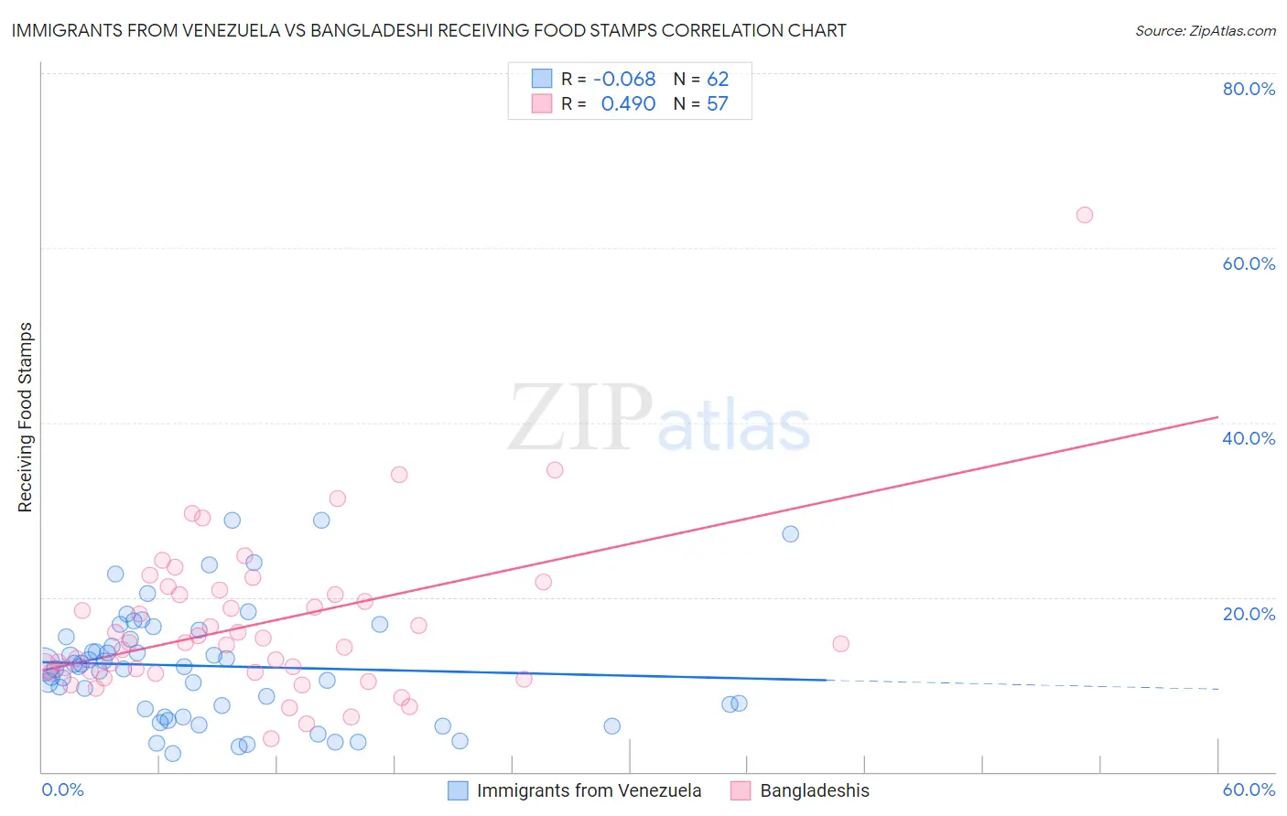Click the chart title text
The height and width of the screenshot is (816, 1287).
pos(428,30)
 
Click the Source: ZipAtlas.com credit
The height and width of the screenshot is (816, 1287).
pos(1205,31)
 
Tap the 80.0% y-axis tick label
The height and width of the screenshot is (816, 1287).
pos(1249,89)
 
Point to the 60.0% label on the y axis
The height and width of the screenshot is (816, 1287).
pos(1249,263)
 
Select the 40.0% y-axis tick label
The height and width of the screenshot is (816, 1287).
pos(1249,438)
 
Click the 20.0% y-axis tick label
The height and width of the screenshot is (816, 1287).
pos(1249,613)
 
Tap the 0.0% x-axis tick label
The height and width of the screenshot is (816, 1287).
pos(62,789)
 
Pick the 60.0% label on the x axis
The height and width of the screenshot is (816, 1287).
pos(1249,789)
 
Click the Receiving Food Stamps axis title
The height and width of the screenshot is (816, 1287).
pos(26,417)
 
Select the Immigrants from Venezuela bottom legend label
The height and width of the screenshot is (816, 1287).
pos(589,790)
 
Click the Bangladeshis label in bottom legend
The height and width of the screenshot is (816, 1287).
pos(815,790)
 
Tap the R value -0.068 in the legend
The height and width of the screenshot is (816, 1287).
pos(624,80)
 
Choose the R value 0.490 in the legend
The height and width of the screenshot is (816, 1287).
pos(628,104)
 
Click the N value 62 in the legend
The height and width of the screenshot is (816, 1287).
pos(718,80)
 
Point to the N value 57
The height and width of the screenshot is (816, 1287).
pos(718,104)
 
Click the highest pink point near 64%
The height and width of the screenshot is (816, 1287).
pos(1085,215)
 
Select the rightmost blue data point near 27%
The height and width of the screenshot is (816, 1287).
pos(790,534)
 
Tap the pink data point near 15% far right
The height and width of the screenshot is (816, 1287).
pos(840,644)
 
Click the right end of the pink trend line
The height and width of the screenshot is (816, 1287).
pos(1217,417)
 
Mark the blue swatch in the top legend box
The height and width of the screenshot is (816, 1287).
pos(542,79)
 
